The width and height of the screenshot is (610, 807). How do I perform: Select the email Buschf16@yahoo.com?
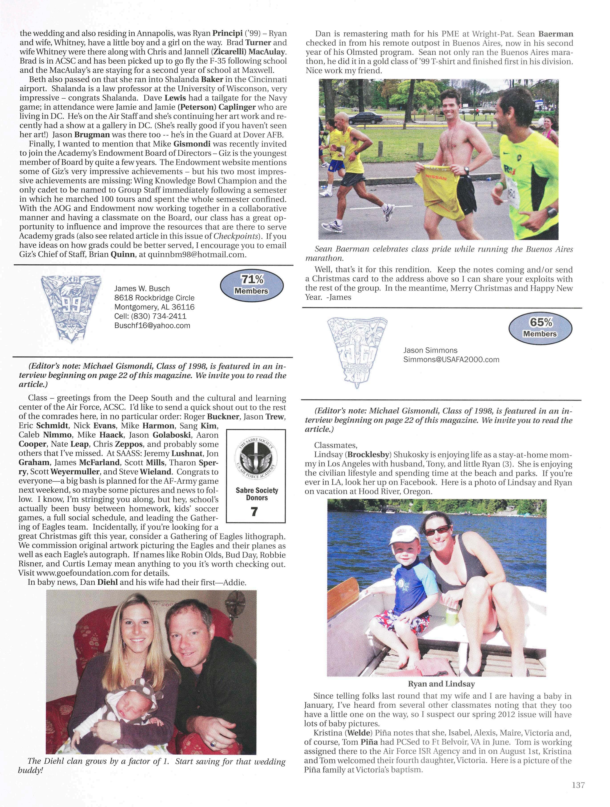[152, 326]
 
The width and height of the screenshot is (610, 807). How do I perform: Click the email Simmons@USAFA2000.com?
[451, 360]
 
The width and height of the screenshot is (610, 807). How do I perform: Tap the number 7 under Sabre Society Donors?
[255, 512]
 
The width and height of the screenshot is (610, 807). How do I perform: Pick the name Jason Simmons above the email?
[430, 350]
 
